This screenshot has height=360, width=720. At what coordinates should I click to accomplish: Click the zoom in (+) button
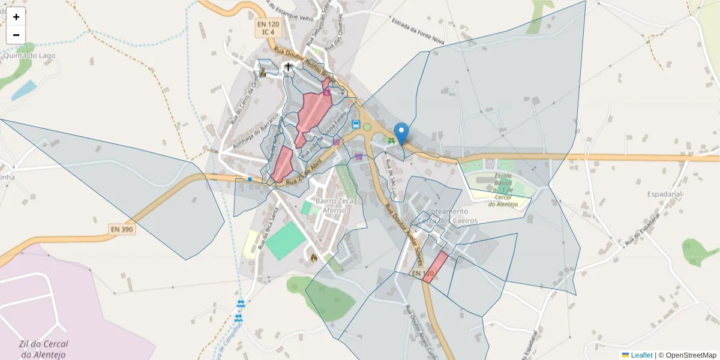(x=16, y=17)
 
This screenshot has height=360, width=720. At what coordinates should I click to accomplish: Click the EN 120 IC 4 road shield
(x=268, y=28)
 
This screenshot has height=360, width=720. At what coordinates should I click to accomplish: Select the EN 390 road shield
(x=122, y=229)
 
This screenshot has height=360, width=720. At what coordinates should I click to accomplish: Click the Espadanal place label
(x=665, y=194)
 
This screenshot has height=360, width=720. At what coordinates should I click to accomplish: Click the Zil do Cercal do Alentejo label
(x=43, y=349)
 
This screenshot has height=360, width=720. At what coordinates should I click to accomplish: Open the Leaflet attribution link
(x=641, y=355)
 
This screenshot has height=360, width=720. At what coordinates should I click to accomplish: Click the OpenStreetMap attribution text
(x=691, y=355)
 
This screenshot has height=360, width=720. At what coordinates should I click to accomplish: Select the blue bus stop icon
(x=356, y=125)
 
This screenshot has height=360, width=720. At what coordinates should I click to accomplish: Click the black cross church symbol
(x=289, y=67)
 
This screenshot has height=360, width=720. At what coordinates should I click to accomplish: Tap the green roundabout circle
(x=367, y=127)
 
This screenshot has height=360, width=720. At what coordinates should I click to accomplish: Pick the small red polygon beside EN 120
(x=435, y=267)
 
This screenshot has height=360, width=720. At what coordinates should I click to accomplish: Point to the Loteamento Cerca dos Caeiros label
(x=447, y=216)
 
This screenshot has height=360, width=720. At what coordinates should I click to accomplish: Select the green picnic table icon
(x=391, y=141)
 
